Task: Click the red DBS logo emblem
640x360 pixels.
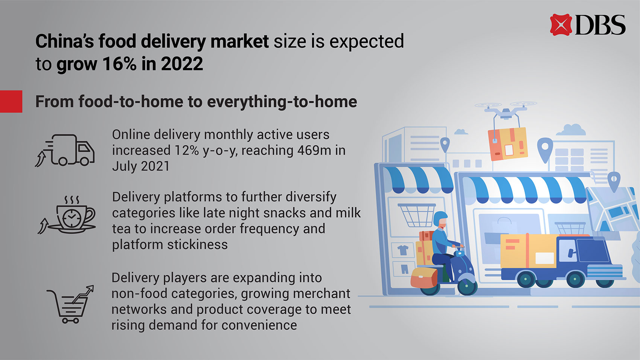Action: point(561,24)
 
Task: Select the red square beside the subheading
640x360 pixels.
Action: point(11,101)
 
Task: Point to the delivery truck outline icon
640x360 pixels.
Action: point(65,150)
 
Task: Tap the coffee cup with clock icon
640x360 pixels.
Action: point(67,215)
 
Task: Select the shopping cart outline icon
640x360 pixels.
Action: point(70,304)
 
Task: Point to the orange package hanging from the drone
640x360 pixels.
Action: point(507,143)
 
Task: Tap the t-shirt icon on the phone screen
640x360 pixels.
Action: point(403,250)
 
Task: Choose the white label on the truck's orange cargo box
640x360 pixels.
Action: point(545,258)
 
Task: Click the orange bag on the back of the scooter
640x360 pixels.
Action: point(424,278)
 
